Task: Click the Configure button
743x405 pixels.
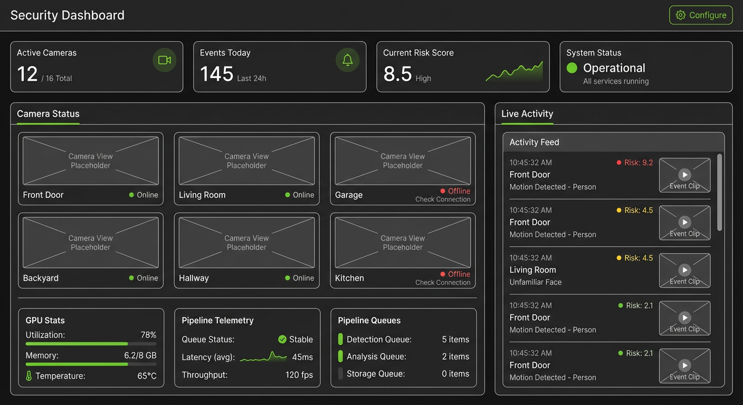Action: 701,15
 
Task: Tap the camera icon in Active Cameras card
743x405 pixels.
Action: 165,60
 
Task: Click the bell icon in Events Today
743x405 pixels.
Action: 347,60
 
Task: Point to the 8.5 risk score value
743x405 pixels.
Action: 397,74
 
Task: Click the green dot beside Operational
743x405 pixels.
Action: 571,68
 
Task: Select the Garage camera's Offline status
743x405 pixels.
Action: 455,191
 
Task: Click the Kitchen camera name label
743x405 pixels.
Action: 349,278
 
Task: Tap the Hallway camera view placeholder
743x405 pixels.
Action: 246,243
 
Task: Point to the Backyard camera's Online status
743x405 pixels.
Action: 144,278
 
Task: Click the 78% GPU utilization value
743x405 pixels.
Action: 148,335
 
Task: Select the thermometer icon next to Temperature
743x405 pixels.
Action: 29,376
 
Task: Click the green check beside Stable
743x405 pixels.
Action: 282,339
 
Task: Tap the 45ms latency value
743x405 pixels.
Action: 302,357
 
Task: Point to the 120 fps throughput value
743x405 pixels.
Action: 299,375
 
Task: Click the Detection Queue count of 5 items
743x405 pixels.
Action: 455,340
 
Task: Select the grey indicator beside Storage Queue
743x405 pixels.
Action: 340,373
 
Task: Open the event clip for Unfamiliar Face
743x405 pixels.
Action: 684,271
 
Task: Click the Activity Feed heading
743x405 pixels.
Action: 534,142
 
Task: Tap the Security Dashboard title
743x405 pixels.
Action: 68,15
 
